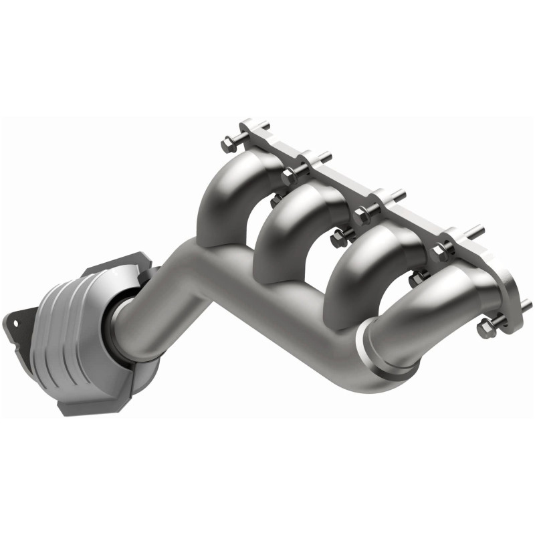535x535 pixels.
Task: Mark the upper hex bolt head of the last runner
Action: (442, 251)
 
